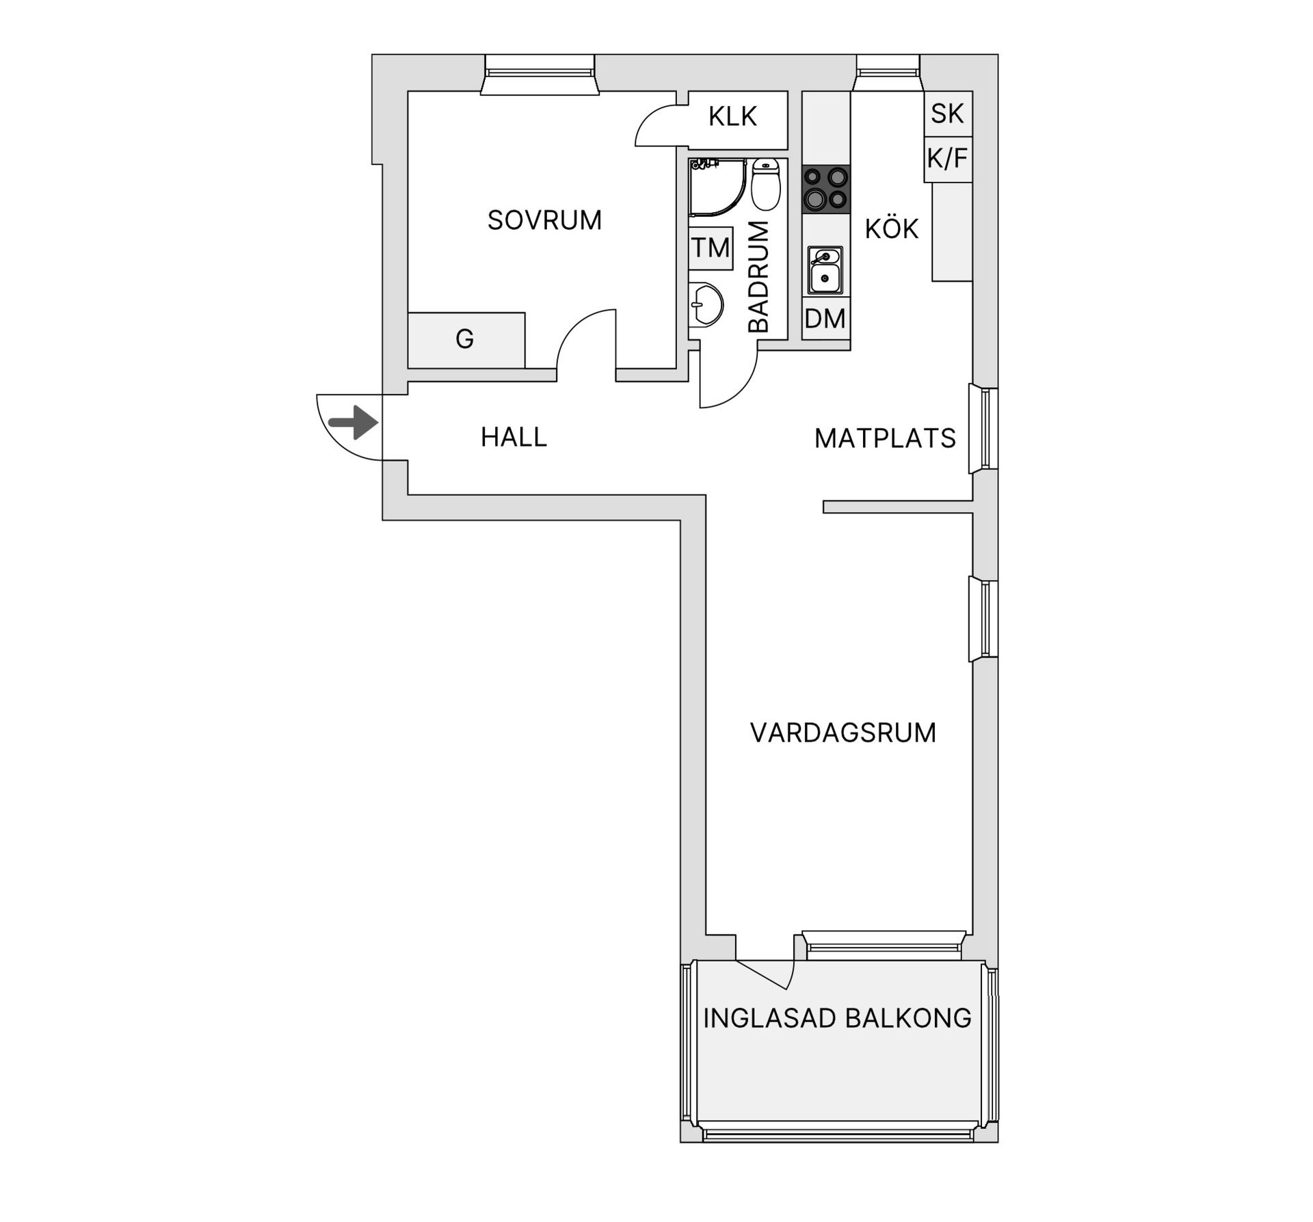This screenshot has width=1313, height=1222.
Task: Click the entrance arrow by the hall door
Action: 354,422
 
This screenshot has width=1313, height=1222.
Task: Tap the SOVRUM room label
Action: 544,220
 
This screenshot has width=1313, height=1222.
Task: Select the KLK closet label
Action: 732,117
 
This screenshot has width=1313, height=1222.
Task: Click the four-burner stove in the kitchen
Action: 826,189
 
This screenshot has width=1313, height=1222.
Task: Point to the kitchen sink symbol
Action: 825,270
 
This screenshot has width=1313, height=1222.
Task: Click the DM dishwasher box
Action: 825,319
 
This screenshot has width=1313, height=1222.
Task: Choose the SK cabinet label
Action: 947,114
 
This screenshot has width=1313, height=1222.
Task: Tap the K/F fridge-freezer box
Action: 947,159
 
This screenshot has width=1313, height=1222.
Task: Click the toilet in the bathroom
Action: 765,184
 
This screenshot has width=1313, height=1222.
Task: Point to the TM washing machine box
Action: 711,248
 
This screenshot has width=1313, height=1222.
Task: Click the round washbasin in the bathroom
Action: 706,305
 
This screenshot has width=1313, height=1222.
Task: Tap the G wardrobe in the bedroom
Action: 466,340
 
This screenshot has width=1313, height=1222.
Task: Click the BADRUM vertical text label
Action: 758,277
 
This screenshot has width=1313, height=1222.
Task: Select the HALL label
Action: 514,438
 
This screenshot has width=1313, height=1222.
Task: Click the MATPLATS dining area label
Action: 885,438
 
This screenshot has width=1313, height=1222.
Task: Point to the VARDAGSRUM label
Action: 843,733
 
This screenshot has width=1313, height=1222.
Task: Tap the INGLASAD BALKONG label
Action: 837,1018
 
